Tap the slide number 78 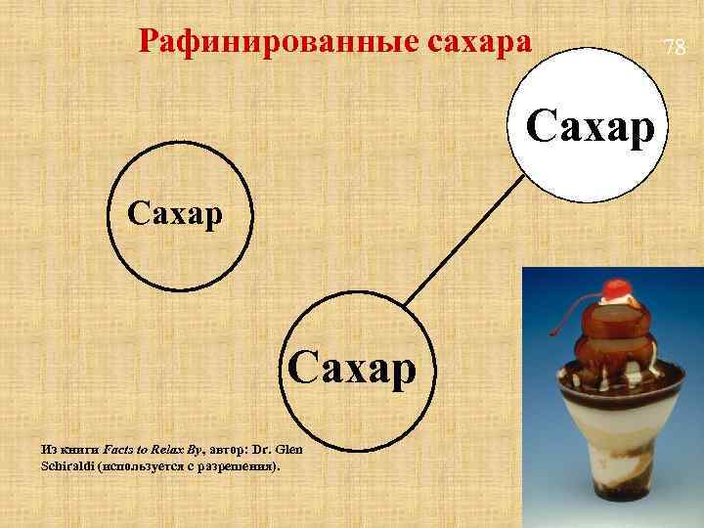675,46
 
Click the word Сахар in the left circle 173,212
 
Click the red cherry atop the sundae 616,290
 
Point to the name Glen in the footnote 290,449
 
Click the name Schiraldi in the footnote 66,466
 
